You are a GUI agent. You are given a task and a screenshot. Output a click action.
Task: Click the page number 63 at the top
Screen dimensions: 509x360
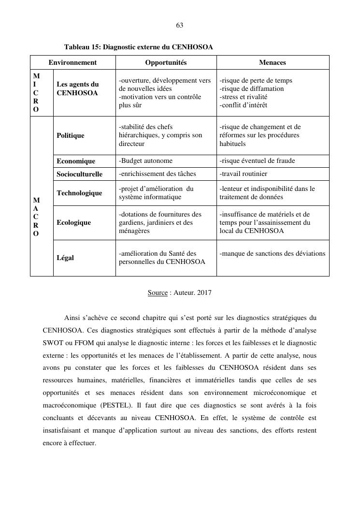(180, 25)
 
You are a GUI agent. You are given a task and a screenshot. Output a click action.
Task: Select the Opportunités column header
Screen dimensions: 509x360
(166, 62)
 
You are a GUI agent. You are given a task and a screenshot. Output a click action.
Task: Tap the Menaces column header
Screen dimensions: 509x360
(273, 62)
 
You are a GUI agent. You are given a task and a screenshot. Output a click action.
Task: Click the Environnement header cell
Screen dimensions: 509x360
(72, 62)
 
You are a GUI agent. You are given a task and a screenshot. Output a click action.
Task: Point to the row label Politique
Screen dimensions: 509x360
(71, 136)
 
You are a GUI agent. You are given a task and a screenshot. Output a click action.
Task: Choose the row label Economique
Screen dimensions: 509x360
(76, 161)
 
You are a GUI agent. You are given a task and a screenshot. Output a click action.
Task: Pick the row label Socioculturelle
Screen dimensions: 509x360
(80, 174)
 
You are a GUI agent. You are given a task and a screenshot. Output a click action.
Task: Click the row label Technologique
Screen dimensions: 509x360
(79, 193)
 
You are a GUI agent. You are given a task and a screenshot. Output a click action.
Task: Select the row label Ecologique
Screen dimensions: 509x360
(73, 222)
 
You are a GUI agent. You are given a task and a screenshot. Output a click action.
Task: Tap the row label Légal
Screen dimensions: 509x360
(65, 258)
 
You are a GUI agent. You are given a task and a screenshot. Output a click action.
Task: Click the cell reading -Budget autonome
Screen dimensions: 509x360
(145, 161)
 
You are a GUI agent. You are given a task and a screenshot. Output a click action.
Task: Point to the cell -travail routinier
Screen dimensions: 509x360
(244, 174)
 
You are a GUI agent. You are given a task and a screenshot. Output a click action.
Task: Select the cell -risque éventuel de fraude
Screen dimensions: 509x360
(257, 161)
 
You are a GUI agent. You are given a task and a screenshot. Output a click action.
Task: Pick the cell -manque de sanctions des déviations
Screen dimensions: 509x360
(273, 253)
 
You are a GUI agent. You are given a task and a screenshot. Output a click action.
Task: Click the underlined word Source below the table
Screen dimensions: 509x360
(158, 292)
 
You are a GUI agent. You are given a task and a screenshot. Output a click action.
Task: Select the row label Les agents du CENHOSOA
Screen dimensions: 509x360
(77, 88)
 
